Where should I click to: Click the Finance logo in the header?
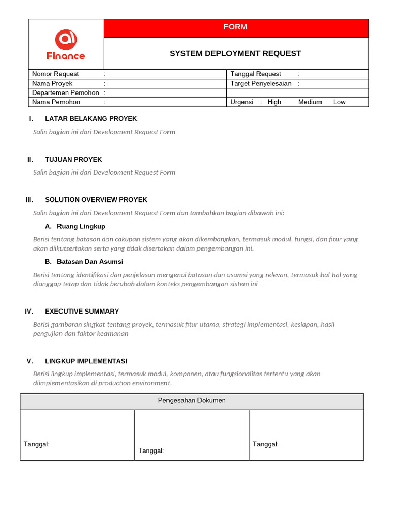(66, 44)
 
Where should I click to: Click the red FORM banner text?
(235, 27)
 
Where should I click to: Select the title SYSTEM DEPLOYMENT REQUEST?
(235, 53)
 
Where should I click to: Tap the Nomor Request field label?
(55, 74)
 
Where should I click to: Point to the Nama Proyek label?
(52, 83)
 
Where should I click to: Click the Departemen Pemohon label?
(65, 92)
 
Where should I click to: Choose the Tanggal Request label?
(256, 74)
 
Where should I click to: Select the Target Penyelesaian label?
(261, 83)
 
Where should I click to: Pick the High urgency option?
(274, 102)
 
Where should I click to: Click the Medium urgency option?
(310, 102)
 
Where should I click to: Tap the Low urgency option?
(340, 102)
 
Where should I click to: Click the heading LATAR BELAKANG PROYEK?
(91, 118)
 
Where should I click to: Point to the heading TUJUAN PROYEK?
(73, 159)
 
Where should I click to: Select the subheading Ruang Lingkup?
(81, 226)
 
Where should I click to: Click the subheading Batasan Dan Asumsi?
(90, 261)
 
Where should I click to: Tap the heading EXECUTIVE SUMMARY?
(82, 311)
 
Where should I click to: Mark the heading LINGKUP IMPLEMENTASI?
(86, 361)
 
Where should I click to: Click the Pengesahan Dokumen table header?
(192, 400)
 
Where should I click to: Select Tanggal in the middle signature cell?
(151, 450)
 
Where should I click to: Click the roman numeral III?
(29, 199)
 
